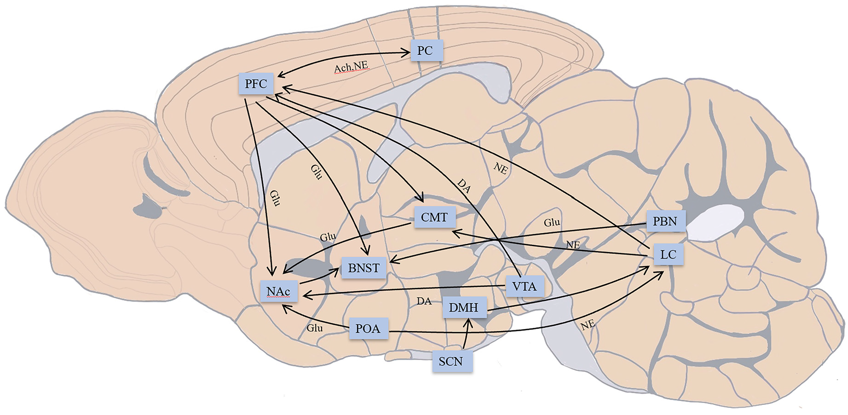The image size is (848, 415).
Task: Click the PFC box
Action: [x=256, y=84]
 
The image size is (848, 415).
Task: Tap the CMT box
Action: [x=434, y=217]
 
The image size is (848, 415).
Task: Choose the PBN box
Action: [x=665, y=221]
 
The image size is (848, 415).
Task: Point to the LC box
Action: [x=668, y=254]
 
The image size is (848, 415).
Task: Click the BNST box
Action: [x=363, y=268]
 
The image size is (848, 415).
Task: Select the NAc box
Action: [x=278, y=292]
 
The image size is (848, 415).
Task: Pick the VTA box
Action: [x=525, y=287]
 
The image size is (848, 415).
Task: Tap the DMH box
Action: [x=464, y=307]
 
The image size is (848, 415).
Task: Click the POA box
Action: [x=368, y=329]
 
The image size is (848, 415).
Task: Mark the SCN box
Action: [x=451, y=362]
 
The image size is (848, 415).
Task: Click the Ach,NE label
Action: [x=351, y=67]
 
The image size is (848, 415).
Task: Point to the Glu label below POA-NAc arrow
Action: [x=315, y=328]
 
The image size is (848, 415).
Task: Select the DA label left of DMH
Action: [x=424, y=301]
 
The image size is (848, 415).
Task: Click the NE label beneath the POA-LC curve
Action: [x=588, y=324]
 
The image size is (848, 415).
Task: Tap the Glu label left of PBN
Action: [x=552, y=223]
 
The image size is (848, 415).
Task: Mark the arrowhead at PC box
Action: [x=406, y=53]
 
